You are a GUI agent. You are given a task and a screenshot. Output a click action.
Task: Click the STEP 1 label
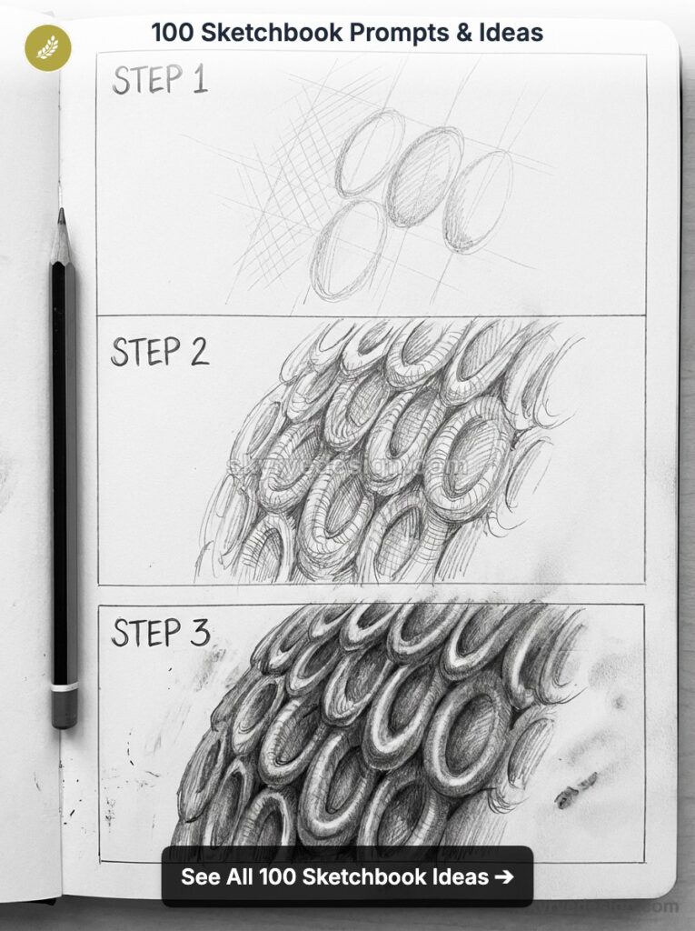[160, 80]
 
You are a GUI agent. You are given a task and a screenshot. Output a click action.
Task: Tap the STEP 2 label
[160, 352]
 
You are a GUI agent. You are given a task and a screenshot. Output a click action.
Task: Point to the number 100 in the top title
[169, 34]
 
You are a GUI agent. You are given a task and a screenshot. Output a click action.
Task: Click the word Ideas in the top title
[511, 34]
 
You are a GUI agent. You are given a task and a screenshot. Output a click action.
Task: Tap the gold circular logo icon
[47, 47]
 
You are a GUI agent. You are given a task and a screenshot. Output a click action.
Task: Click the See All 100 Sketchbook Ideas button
[347, 876]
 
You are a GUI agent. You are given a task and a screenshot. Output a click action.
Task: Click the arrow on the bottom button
[504, 876]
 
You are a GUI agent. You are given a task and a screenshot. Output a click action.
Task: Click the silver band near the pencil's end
[65, 687]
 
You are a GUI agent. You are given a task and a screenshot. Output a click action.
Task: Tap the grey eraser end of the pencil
[65, 709]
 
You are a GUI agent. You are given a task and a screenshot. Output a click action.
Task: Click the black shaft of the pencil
[64, 455]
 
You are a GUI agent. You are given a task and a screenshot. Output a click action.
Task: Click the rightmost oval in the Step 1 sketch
[477, 201]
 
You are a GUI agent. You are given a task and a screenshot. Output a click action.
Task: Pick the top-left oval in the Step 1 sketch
[370, 152]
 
